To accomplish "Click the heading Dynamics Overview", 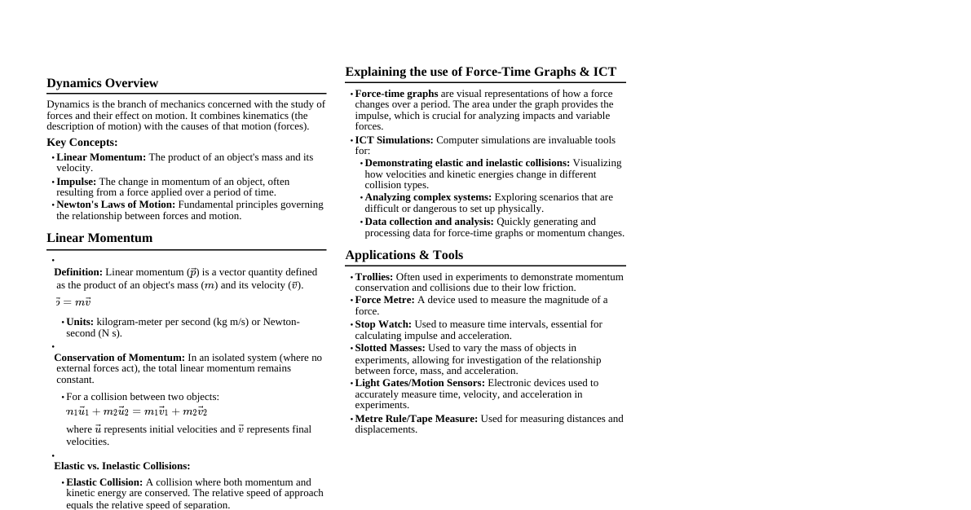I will (102, 83).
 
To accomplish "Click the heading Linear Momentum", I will (99, 238).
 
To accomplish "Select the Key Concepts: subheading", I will (82, 143).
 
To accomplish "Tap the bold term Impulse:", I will (76, 182).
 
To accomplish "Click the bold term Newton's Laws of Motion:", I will (115, 204).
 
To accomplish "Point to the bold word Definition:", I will (78, 272).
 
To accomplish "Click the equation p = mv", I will (73, 302).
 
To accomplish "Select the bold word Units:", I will (80, 322).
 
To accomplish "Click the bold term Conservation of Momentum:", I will (119, 358).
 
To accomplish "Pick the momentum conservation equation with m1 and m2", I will (136, 411).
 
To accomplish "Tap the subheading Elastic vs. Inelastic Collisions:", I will (121, 466).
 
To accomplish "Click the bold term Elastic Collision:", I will (104, 482).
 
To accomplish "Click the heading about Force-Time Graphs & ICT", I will (480, 72).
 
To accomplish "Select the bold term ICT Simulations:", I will (394, 140).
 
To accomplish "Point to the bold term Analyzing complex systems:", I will (428, 197).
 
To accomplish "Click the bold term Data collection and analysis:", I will (429, 222).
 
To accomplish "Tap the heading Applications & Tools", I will (404, 255).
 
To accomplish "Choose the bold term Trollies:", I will (373, 277).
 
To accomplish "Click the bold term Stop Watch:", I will (383, 324).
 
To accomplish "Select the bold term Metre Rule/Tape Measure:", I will (416, 419).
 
